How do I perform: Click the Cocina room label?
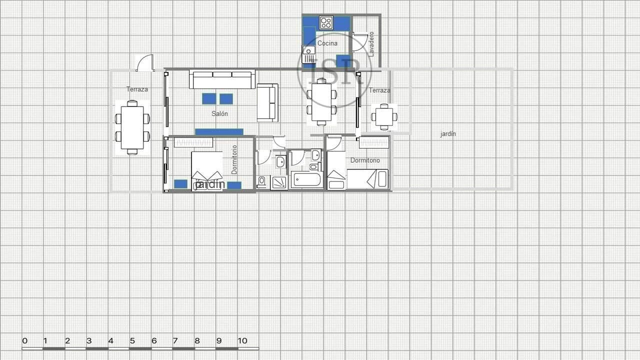[x=327, y=43]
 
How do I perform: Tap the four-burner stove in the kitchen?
[x=326, y=22]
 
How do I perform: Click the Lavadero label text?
[x=371, y=44]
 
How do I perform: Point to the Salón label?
[x=219, y=114]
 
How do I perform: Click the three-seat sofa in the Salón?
[x=222, y=79]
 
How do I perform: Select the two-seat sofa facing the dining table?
[x=267, y=103]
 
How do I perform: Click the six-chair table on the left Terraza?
[x=132, y=127]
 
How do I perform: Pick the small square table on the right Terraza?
[x=384, y=117]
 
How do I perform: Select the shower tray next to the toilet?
[x=279, y=182]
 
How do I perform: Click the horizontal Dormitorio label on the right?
[x=364, y=160]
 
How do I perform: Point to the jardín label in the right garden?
[x=448, y=134]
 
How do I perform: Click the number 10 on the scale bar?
[x=242, y=341]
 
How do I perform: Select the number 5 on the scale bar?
[x=132, y=341]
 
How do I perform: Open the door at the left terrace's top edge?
[x=144, y=63]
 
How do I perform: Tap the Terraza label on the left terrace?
[x=137, y=89]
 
